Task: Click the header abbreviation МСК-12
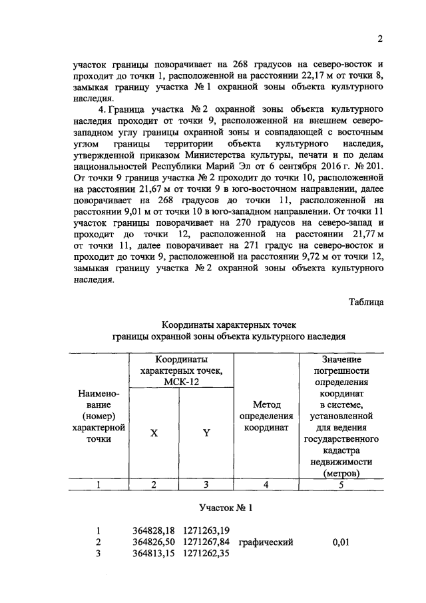click(181, 382)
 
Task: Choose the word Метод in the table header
click(266, 404)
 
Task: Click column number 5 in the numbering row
click(341, 484)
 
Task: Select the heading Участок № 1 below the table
click(227, 508)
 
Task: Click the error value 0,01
click(341, 542)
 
